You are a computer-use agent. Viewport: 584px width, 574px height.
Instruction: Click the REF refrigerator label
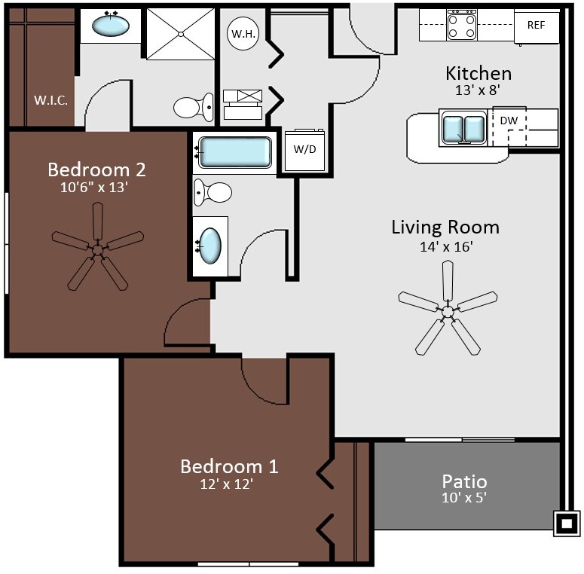[x=536, y=25]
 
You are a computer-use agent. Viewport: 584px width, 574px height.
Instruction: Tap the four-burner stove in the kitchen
[x=462, y=26]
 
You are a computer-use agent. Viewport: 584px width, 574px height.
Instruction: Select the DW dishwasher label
[x=509, y=121]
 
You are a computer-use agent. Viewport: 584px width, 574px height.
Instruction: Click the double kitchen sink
[x=463, y=127]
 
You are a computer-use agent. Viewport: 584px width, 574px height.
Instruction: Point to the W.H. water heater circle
[x=243, y=33]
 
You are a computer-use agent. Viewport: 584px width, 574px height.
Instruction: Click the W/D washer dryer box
[x=304, y=150]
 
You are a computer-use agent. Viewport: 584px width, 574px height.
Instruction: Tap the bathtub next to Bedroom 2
[x=235, y=152]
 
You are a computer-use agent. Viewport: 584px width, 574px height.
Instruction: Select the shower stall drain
[x=181, y=34]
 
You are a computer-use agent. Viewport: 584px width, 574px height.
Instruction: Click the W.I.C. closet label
[x=51, y=100]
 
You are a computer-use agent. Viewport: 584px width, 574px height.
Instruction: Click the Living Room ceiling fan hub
[x=448, y=310]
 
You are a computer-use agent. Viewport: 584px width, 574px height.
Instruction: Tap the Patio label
[x=464, y=481]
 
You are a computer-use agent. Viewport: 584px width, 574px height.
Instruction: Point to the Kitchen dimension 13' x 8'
[x=477, y=90]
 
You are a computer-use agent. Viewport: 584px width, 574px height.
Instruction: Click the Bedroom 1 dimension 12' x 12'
[x=227, y=484]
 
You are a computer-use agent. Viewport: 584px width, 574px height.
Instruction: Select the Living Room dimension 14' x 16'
[x=446, y=247]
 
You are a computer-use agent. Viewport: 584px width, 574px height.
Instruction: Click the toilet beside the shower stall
[x=194, y=107]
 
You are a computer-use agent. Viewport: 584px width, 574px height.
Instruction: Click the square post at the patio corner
[x=567, y=524]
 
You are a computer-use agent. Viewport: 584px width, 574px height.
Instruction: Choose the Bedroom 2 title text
[x=97, y=169]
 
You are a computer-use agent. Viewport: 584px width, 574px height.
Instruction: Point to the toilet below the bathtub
[x=213, y=192]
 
